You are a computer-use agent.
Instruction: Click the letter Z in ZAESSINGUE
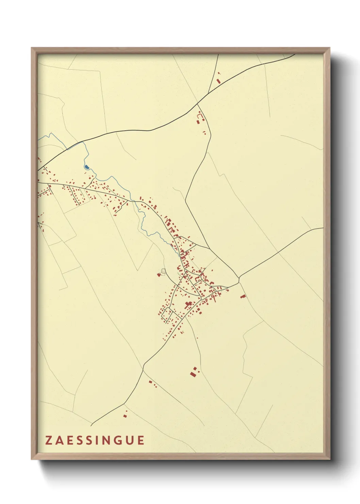[x=49, y=440]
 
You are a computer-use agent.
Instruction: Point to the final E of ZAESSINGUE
[x=141, y=440]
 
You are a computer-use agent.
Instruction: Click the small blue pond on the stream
[x=87, y=167]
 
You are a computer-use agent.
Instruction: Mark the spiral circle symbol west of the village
[x=164, y=271]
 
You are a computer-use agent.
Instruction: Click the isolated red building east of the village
[x=243, y=296]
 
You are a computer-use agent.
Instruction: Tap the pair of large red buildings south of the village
[x=194, y=372]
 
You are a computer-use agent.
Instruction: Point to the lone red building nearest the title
[x=125, y=415]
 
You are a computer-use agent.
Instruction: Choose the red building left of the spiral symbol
[x=159, y=274]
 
